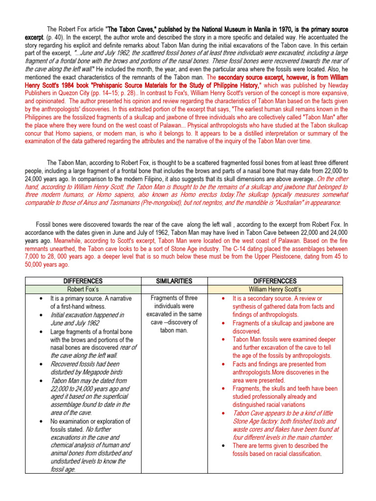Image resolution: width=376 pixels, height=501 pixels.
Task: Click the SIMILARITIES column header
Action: point(174,281)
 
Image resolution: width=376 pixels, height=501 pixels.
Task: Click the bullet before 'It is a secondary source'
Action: point(223,298)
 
